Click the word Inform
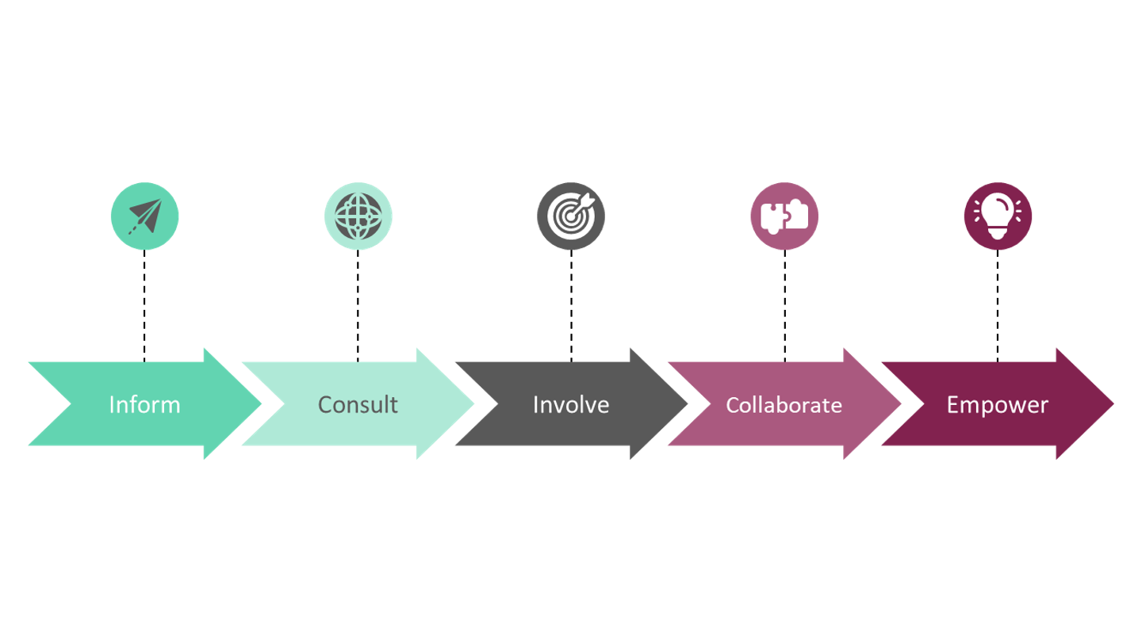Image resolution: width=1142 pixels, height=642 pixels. point(144,404)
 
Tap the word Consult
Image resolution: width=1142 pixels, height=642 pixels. point(358,404)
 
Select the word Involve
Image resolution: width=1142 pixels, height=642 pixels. point(571,404)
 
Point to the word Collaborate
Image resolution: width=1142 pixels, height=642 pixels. point(784,405)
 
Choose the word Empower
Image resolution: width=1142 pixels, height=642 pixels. point(997,404)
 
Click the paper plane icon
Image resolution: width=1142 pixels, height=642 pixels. point(144,216)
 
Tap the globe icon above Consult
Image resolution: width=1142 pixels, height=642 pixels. point(358,216)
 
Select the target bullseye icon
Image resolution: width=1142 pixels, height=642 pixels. point(571,216)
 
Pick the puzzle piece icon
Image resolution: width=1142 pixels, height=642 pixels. point(784,216)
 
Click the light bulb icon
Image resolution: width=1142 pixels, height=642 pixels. point(998,216)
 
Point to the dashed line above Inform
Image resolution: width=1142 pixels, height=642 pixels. point(144,305)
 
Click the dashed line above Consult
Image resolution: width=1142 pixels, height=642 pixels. point(358,305)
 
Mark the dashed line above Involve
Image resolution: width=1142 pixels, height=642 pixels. point(571,305)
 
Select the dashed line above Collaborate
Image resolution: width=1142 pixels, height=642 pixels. point(784,305)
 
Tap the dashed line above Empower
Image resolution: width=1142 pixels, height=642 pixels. point(998,305)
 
